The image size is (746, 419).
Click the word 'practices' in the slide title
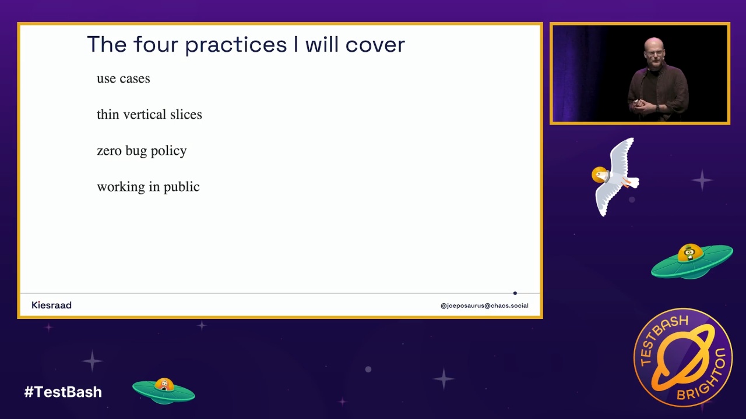pos(236,45)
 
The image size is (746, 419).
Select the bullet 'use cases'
pos(124,79)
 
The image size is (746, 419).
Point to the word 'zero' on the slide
pos(109,151)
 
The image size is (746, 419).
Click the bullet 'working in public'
pos(148,187)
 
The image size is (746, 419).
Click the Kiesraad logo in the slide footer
pos(52,306)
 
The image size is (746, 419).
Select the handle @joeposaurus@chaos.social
pos(484,306)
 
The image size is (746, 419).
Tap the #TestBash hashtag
pos(63,392)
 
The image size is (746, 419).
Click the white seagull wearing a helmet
pos(615,177)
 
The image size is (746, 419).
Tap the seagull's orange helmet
pos(600,175)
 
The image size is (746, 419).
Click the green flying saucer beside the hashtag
pos(164,391)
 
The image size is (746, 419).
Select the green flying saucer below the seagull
pos(692,262)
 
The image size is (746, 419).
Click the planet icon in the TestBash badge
pos(684,357)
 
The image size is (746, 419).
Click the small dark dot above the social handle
pos(515,293)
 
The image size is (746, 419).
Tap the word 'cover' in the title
pos(375,45)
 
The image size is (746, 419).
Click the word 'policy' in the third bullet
pos(168,151)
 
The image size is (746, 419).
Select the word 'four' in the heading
pos(156,44)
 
